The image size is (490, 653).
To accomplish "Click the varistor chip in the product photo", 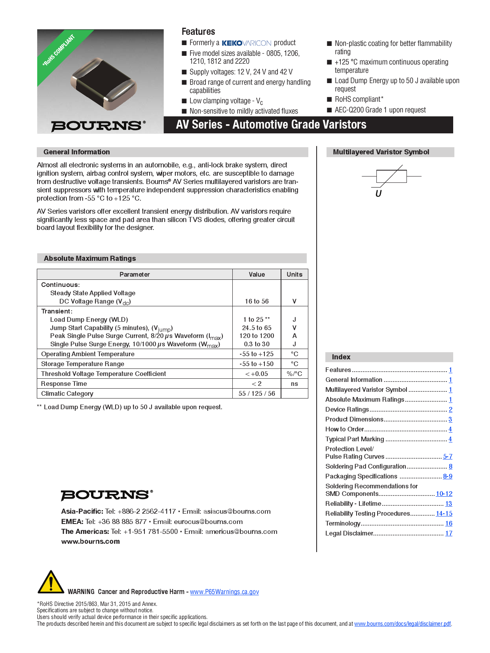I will point(104,84).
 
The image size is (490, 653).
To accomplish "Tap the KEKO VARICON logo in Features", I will point(246,43).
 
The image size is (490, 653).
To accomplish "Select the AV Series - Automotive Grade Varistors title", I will point(271,125).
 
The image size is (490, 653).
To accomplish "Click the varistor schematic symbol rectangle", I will point(391,176).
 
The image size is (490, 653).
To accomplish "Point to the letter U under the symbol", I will point(378,194).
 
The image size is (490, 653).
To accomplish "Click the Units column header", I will point(294,274).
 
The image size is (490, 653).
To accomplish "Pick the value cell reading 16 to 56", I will point(256,301).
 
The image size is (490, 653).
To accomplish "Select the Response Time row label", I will point(64,383).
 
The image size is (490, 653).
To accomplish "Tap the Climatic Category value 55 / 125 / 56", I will point(256,393).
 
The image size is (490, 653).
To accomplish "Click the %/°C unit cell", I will point(294,374).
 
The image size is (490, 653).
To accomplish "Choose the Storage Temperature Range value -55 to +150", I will point(256,364).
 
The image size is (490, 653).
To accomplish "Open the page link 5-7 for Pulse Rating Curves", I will point(448,456).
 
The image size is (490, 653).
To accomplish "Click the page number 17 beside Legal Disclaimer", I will point(449,533).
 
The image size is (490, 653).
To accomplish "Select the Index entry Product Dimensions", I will point(354,419).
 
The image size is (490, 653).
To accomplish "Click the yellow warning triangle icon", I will point(51,583).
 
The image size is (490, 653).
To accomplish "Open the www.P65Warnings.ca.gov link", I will point(224,592).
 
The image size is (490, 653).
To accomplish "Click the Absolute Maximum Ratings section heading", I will point(90,258).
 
